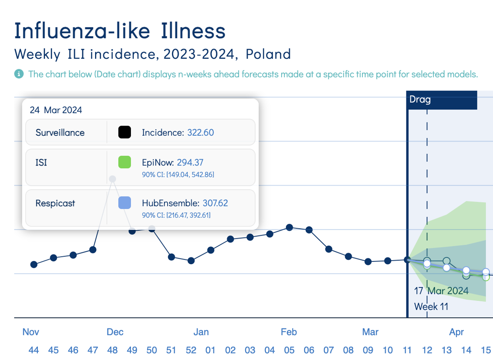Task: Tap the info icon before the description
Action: (x=19, y=74)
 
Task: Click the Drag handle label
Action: (x=420, y=99)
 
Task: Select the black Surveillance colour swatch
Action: (x=124, y=132)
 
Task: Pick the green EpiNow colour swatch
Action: (x=124, y=163)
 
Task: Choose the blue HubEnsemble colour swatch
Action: (x=124, y=203)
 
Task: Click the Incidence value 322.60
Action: (x=201, y=132)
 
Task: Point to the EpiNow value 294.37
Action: (x=190, y=163)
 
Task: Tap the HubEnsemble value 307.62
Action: (x=215, y=203)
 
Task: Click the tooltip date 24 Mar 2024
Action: (x=56, y=110)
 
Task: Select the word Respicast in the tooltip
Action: (x=55, y=203)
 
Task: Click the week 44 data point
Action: (x=34, y=265)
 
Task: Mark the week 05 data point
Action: (x=289, y=228)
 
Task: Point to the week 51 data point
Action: (x=172, y=257)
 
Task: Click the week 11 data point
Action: (x=407, y=260)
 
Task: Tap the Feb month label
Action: (x=289, y=332)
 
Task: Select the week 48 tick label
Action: (x=112, y=350)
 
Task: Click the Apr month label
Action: (x=456, y=332)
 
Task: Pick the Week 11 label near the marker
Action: (x=431, y=306)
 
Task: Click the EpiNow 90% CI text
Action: (x=178, y=175)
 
